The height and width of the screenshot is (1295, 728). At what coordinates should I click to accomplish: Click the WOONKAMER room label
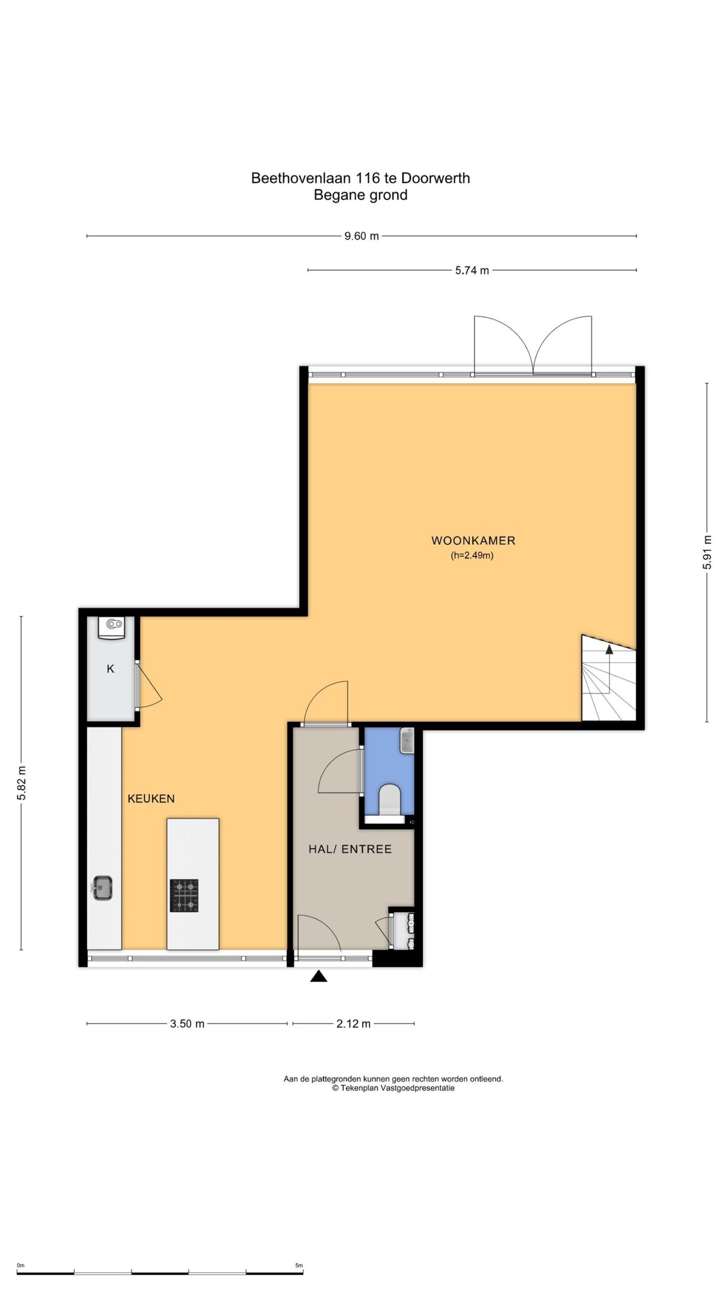pyautogui.click(x=473, y=540)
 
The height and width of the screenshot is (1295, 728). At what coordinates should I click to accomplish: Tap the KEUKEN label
pyautogui.click(x=151, y=799)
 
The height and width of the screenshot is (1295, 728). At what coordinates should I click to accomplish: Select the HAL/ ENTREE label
pyautogui.click(x=350, y=849)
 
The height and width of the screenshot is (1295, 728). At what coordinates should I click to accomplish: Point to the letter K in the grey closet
pyautogui.click(x=110, y=669)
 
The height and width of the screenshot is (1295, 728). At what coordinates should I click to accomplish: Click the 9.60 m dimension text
pyautogui.click(x=361, y=236)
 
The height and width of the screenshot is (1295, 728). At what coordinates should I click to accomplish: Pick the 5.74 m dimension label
pyautogui.click(x=472, y=271)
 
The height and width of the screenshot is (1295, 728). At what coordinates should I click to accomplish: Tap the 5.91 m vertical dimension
pyautogui.click(x=707, y=552)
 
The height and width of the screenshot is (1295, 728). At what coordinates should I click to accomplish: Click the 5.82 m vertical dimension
pyautogui.click(x=21, y=783)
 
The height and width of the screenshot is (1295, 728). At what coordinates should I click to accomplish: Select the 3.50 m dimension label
pyautogui.click(x=187, y=1024)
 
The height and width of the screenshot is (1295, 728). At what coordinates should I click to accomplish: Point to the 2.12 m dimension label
pyautogui.click(x=353, y=1024)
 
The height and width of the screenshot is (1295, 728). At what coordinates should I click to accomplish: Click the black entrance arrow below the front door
pyautogui.click(x=318, y=976)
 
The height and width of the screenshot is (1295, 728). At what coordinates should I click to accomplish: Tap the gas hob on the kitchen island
pyautogui.click(x=184, y=896)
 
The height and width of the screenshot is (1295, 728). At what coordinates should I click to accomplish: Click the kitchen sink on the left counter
pyautogui.click(x=103, y=887)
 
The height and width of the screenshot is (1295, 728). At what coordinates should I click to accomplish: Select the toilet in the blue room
pyautogui.click(x=389, y=799)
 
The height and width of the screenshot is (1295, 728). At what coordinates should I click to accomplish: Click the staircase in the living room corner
pyautogui.click(x=609, y=678)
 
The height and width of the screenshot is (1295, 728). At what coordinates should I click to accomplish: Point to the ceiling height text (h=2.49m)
pyautogui.click(x=472, y=555)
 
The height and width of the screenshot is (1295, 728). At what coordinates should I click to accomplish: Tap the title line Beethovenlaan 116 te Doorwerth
pyautogui.click(x=360, y=178)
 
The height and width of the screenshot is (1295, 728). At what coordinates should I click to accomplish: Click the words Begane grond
pyautogui.click(x=360, y=195)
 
